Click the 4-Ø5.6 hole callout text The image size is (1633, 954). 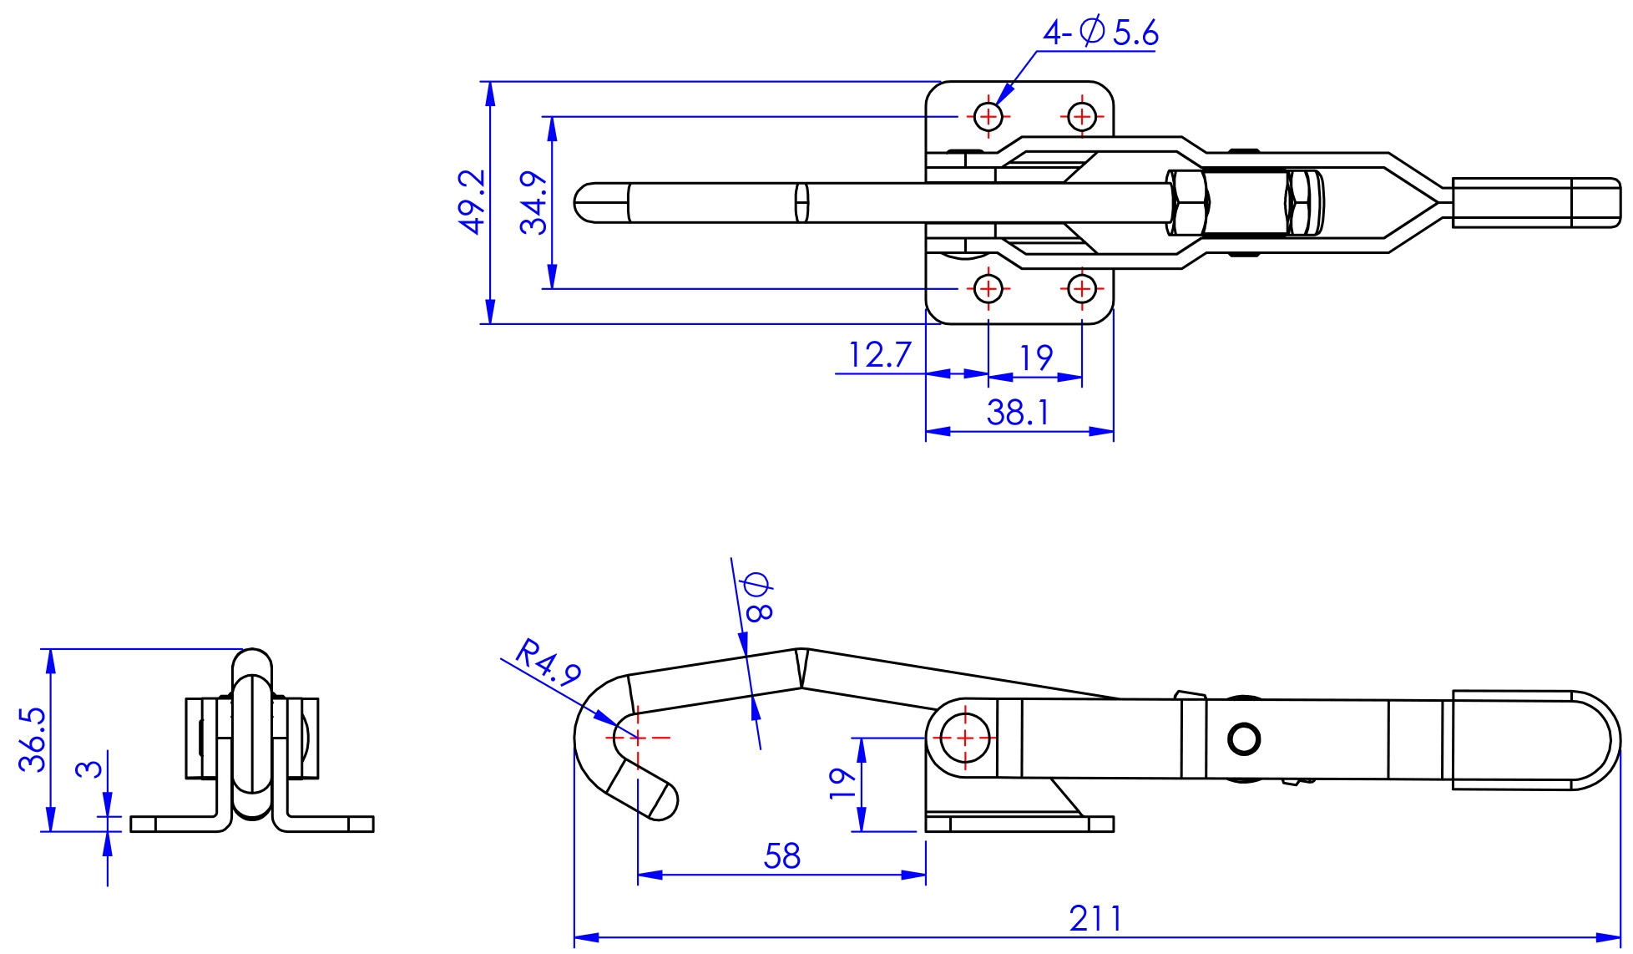[1100, 33]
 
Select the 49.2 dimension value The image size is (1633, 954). [473, 201]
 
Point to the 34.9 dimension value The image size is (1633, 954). [533, 202]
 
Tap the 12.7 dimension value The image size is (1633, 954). [879, 355]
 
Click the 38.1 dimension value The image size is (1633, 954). [1018, 412]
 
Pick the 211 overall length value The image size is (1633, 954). [1095, 919]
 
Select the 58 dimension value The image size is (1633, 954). [781, 856]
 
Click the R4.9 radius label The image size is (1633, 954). [548, 663]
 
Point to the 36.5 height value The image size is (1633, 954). [33, 739]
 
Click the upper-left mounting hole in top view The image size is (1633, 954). [988, 116]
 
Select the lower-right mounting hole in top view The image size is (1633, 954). [1082, 289]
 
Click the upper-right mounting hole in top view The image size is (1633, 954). [1082, 116]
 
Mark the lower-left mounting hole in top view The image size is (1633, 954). [988, 289]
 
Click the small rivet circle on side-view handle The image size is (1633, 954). [1244, 738]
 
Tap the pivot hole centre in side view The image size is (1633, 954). [964, 738]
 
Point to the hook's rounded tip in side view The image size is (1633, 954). [665, 800]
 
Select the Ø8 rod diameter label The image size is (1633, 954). [758, 596]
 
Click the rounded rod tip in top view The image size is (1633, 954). [588, 203]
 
